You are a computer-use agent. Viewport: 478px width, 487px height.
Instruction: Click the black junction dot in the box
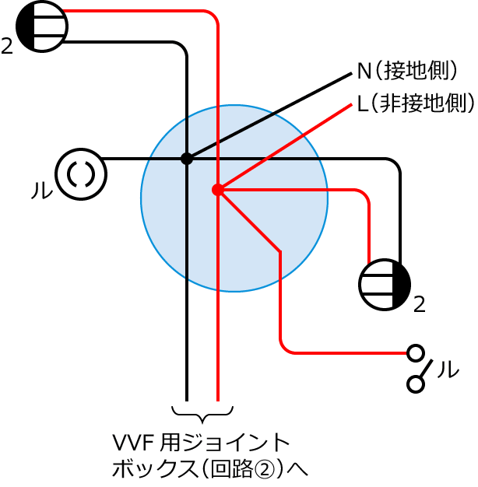[x=187, y=159]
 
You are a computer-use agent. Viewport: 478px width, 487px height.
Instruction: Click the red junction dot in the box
[x=218, y=190]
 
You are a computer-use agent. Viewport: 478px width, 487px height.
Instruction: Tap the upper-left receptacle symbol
[x=42, y=26]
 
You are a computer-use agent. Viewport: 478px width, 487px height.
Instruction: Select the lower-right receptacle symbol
[x=385, y=285]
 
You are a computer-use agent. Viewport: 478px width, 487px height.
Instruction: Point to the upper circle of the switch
[x=416, y=353]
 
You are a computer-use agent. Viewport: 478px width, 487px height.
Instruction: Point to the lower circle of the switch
[x=416, y=384]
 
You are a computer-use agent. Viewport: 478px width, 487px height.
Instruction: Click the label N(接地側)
[x=407, y=71]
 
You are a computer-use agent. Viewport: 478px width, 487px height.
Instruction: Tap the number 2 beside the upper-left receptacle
[x=7, y=46]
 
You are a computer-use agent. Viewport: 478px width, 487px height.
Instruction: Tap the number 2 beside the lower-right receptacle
[x=419, y=305]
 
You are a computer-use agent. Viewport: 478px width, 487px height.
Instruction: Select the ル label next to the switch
[x=448, y=370]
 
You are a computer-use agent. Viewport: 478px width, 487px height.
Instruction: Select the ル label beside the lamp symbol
[x=42, y=190]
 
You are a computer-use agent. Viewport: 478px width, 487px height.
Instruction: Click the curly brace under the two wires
[x=202, y=415]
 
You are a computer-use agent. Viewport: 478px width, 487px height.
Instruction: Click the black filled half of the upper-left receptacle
[x=25, y=26]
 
